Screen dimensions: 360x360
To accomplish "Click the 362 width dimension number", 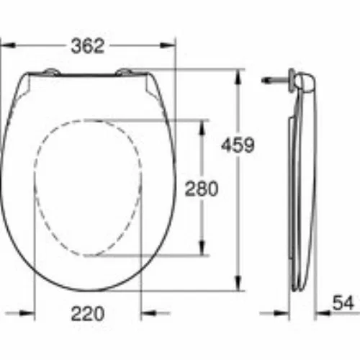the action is click(x=88, y=46).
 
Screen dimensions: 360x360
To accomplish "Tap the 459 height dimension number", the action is click(x=238, y=145).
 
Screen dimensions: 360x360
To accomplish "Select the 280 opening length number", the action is click(x=202, y=189).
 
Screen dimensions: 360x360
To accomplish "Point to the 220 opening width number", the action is click(x=88, y=313).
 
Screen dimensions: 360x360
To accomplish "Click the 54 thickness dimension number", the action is click(x=343, y=303).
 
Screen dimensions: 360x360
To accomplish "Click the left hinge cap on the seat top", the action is click(x=51, y=72).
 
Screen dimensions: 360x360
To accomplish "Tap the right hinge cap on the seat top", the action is click(x=124, y=72).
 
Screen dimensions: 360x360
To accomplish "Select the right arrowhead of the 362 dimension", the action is click(x=168, y=45).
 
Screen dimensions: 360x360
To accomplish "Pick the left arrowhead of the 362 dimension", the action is click(x=8, y=45).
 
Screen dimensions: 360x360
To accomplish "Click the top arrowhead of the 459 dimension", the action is click(x=238, y=77).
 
